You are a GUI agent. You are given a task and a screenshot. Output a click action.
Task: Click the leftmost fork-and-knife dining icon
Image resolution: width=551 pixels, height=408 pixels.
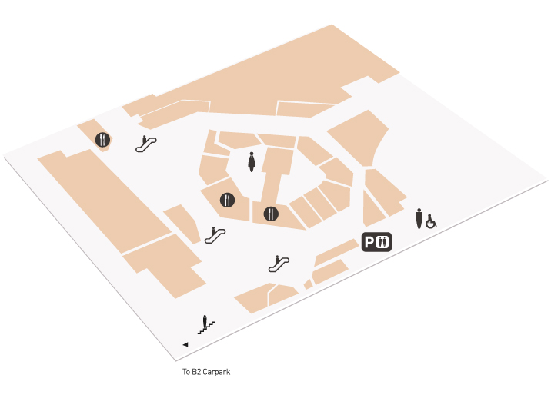102,140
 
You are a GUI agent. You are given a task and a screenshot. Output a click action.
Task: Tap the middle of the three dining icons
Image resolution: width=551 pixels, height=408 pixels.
227,200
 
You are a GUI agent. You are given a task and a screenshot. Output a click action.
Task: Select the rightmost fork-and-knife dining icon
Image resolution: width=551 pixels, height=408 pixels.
271,214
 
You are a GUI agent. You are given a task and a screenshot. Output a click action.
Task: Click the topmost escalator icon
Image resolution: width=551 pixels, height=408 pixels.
146,144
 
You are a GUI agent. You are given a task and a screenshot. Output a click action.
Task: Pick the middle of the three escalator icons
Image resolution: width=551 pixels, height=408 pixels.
215,235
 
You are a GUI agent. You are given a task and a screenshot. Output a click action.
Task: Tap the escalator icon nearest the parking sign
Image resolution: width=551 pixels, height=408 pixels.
279,264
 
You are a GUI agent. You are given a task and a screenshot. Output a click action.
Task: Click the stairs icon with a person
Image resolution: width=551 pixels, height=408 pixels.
206,325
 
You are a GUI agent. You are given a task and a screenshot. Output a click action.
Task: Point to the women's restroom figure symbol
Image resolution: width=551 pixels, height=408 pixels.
252,162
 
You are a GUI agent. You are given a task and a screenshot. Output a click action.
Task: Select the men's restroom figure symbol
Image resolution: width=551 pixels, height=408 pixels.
419,218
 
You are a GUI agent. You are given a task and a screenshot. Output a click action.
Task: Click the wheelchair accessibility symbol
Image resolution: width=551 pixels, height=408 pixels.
431,222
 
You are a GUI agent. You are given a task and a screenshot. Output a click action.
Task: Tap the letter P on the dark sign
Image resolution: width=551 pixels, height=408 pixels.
369,242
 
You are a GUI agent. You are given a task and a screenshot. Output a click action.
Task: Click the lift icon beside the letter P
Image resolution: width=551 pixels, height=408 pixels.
382,242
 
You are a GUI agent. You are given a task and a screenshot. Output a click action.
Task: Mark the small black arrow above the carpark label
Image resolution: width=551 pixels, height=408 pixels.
185,344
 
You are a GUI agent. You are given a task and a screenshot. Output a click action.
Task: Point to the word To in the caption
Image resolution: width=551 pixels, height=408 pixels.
186,372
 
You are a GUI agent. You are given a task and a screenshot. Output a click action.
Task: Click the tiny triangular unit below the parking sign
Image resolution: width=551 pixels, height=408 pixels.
309,284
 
